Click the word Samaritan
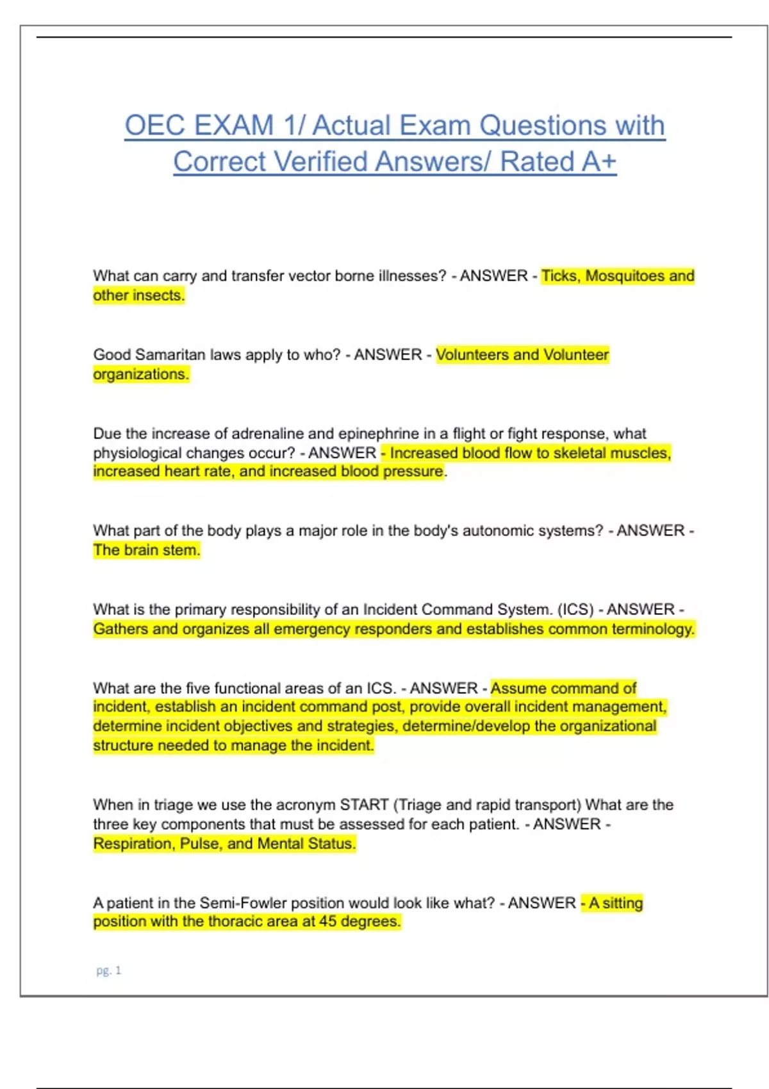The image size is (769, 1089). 170,355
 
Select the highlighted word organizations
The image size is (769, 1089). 141,374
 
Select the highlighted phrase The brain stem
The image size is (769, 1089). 146,550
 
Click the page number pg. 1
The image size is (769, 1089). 108,970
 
